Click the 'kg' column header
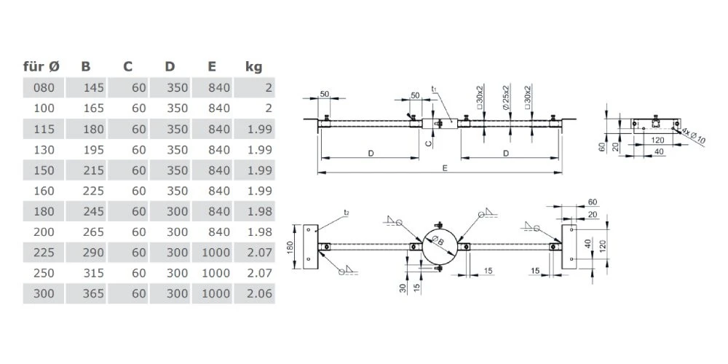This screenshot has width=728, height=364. (253, 67)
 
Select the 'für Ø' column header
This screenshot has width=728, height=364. (41, 67)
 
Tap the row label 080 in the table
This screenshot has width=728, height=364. (44, 88)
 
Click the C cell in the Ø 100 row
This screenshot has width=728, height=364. (139, 108)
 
